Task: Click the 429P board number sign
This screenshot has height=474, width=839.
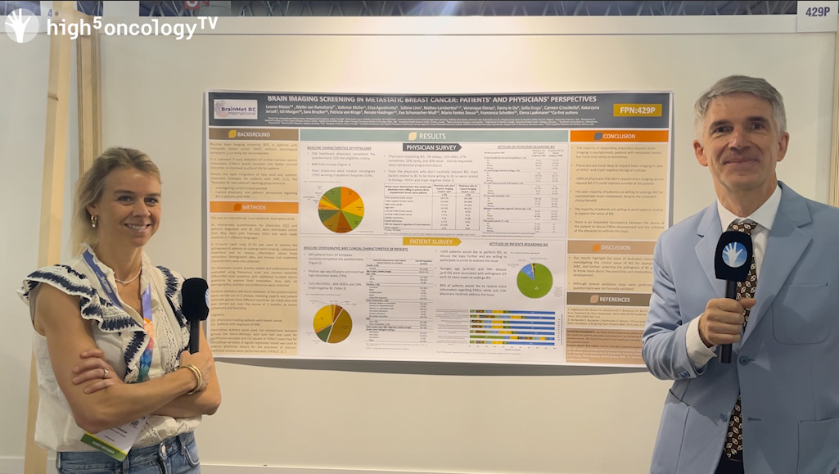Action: [x=816, y=12]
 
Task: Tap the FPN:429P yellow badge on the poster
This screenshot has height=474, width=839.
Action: [x=637, y=111]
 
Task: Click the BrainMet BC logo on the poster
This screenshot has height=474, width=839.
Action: [x=236, y=110]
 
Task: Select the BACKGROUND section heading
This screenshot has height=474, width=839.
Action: [x=253, y=133]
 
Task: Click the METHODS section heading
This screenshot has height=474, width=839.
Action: [x=253, y=208]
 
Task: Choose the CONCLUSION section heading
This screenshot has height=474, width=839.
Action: [x=619, y=136]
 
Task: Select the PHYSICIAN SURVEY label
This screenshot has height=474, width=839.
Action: [x=432, y=147]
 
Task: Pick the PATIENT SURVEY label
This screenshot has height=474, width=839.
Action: [x=431, y=242]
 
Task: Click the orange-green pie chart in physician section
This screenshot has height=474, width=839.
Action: [x=341, y=210]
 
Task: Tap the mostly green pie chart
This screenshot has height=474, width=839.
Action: [x=534, y=280]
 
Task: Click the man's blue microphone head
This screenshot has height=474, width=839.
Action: [x=733, y=256]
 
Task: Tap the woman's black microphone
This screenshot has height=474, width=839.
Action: [x=195, y=301]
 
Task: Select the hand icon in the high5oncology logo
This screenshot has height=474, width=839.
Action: [x=20, y=25]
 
